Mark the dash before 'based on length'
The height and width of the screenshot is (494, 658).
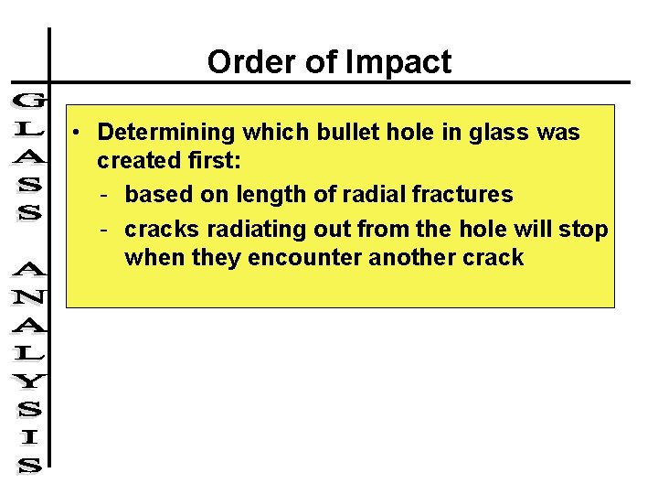pos(106,195)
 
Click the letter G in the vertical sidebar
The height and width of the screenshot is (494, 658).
pos(28,100)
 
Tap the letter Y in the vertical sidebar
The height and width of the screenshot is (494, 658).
pos(29,376)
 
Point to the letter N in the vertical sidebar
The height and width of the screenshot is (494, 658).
pos(29,296)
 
